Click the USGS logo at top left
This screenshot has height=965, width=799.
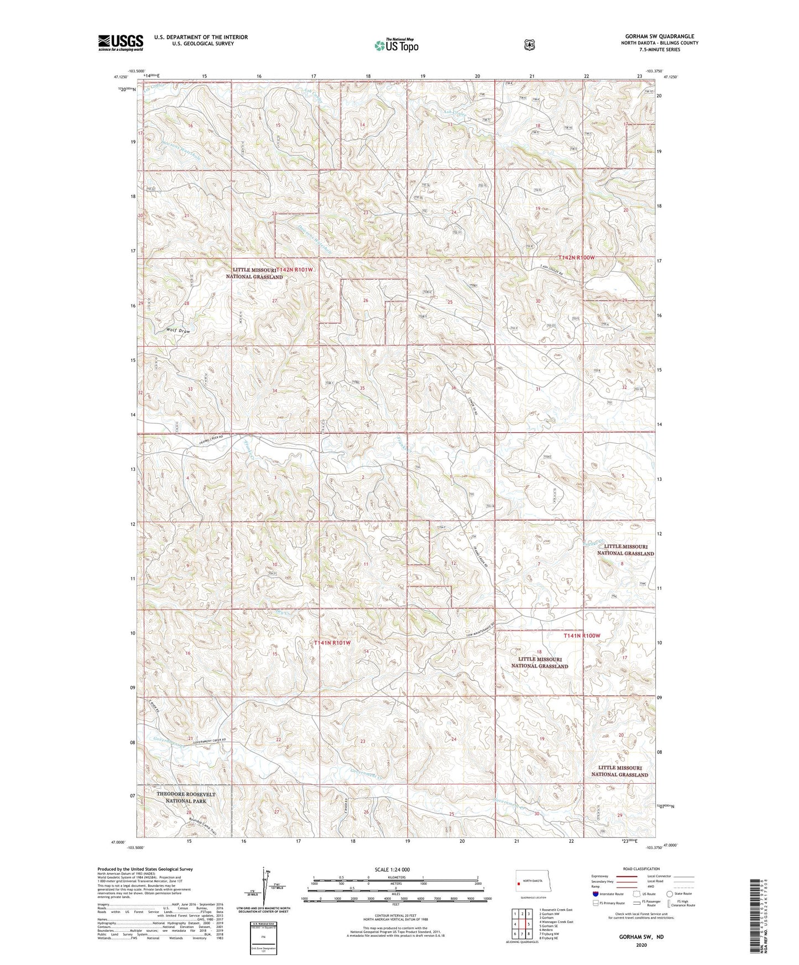tap(121, 43)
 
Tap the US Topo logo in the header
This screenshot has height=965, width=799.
tap(395, 45)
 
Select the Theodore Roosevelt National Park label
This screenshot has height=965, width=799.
tap(186, 797)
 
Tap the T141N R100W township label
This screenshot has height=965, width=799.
tap(582, 636)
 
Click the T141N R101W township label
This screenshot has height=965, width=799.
tap(332, 643)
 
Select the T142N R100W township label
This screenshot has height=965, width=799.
tap(576, 258)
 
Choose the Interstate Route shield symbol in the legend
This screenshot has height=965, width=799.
tap(595, 893)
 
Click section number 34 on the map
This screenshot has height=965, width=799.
tap(275, 391)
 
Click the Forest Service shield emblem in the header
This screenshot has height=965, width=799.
tap(530, 45)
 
